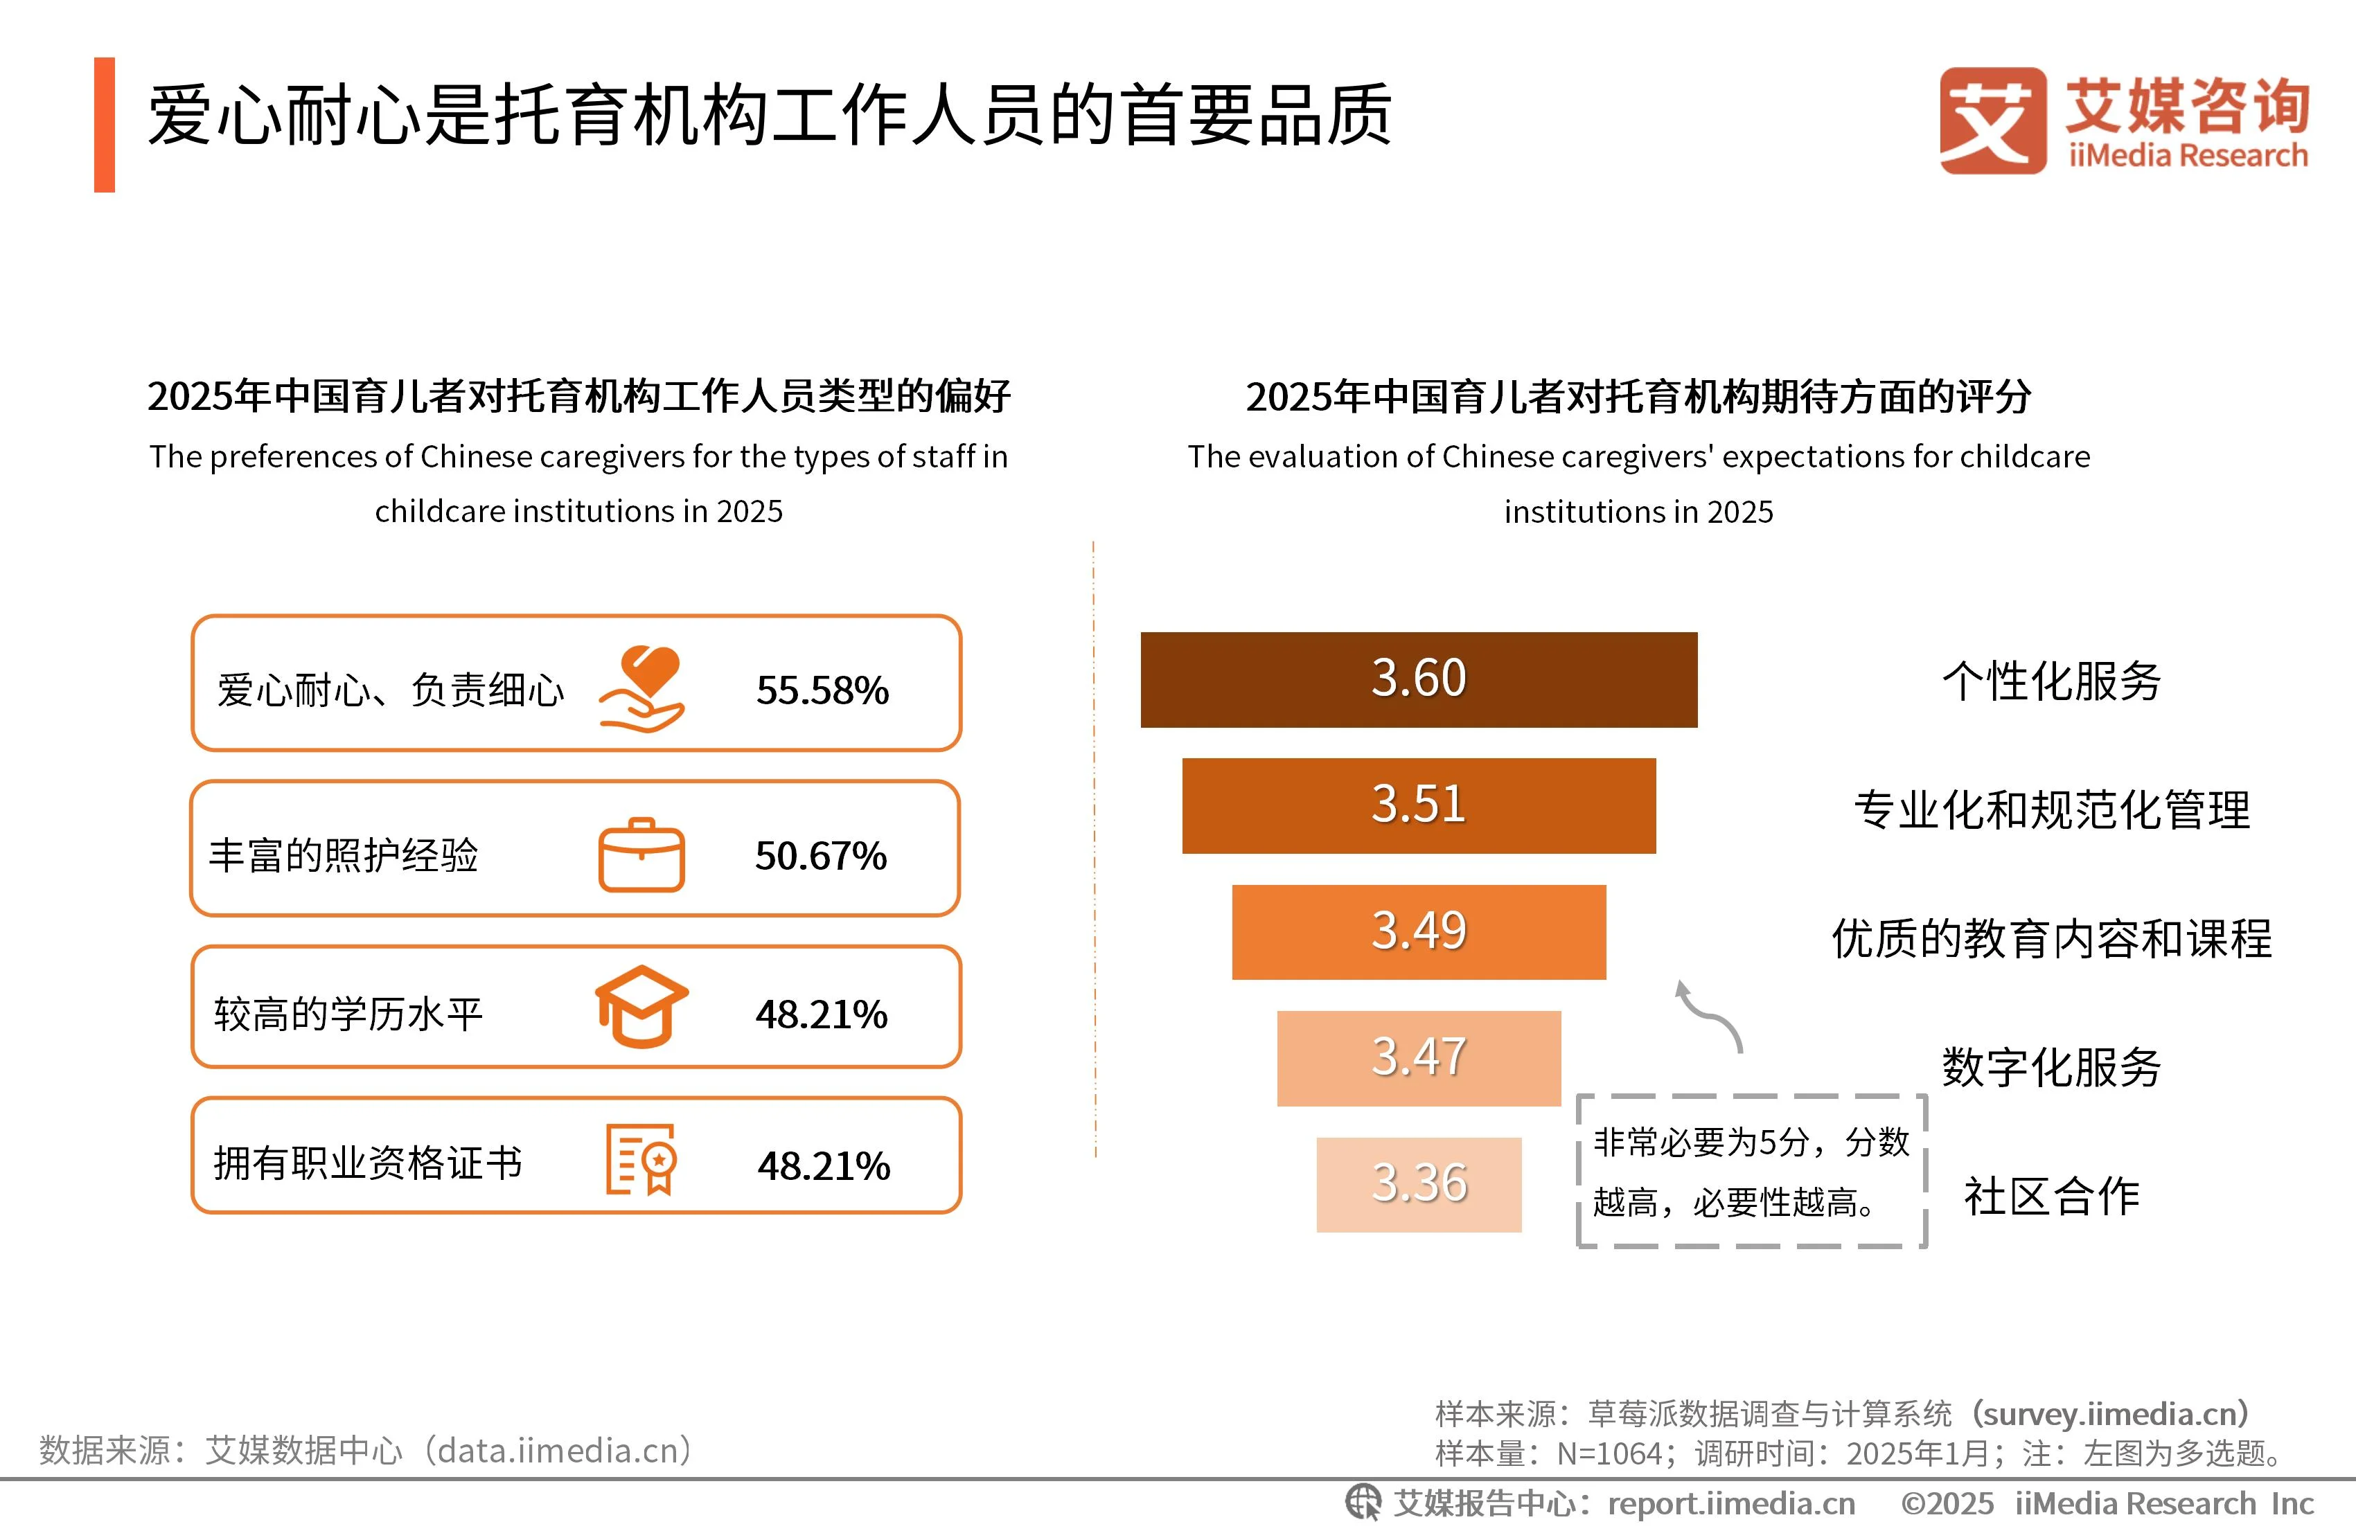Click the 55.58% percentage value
pyautogui.click(x=822, y=690)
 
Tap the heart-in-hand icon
pyautogui.click(x=642, y=689)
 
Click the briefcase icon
pyautogui.click(x=641, y=855)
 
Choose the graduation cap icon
pyautogui.click(x=641, y=1007)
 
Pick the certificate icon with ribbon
pyautogui.click(x=641, y=1159)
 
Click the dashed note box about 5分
pyautogui.click(x=1750, y=1171)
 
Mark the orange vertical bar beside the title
pyautogui.click(x=104, y=125)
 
